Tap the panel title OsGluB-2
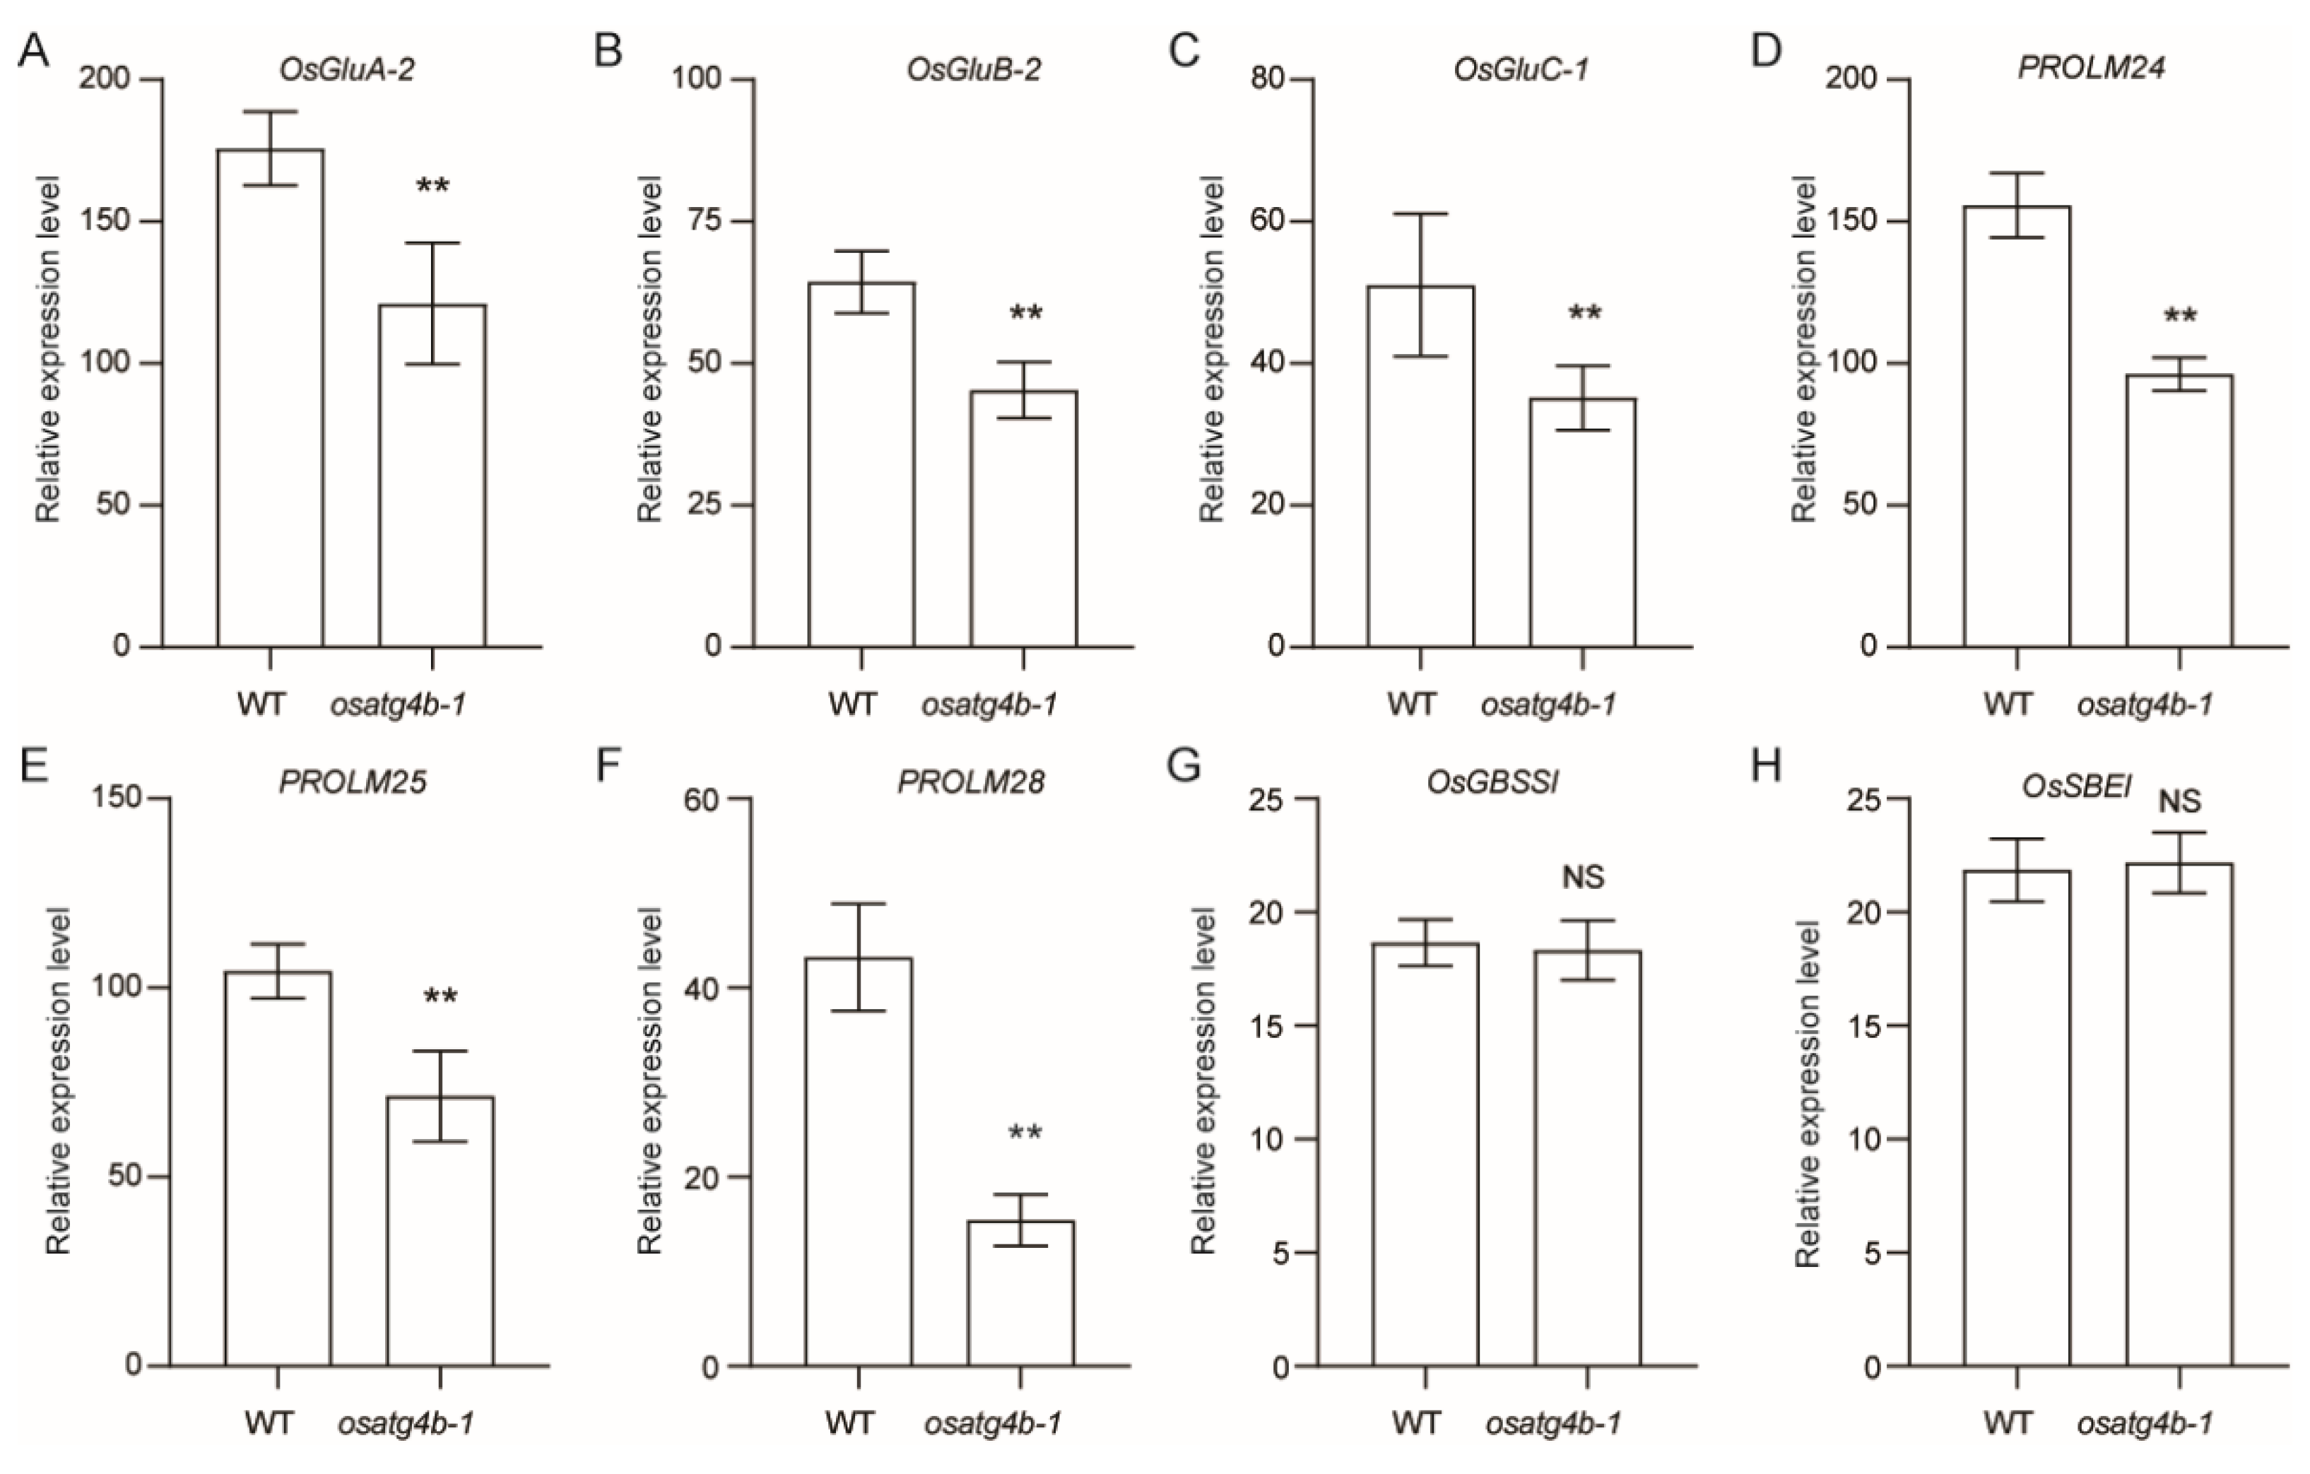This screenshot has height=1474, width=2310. pyautogui.click(x=973, y=70)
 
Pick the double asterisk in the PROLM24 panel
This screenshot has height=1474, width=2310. pyautogui.click(x=2179, y=317)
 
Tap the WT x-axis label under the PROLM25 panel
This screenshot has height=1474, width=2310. pyautogui.click(x=268, y=1421)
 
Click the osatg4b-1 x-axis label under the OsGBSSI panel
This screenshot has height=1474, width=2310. pyautogui.click(x=1553, y=1421)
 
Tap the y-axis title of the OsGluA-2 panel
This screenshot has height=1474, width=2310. pyautogui.click(x=47, y=349)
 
